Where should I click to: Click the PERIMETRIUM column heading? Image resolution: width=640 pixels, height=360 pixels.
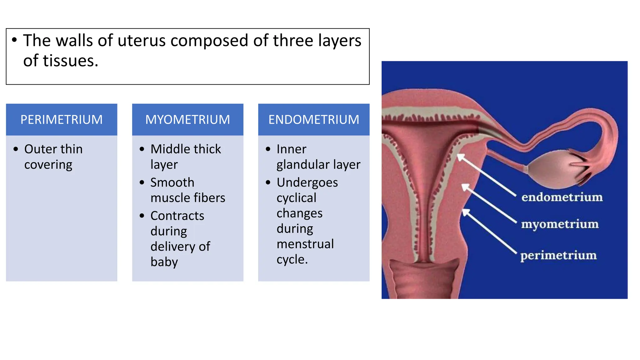click(x=61, y=120)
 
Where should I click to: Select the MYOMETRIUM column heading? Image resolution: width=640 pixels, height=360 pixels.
click(x=187, y=120)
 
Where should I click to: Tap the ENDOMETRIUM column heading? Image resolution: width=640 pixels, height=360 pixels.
click(x=314, y=120)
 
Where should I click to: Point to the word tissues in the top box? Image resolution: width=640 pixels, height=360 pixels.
click(x=70, y=61)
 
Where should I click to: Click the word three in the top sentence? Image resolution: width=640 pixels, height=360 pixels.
click(x=293, y=41)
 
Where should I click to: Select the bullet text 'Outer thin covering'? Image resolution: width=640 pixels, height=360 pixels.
click(x=53, y=157)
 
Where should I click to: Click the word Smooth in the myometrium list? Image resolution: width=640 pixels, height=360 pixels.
click(x=172, y=182)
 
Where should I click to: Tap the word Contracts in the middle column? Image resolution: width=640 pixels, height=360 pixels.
click(x=177, y=216)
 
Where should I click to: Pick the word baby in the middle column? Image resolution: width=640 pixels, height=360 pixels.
click(x=164, y=262)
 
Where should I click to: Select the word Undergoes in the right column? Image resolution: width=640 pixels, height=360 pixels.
click(x=307, y=182)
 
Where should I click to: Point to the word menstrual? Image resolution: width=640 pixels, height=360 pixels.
click(x=305, y=244)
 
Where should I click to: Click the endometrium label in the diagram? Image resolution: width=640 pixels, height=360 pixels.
click(x=562, y=197)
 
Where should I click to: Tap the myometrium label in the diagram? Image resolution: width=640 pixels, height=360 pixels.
click(x=560, y=224)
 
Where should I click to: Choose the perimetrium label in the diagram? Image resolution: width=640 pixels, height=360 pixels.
click(x=558, y=255)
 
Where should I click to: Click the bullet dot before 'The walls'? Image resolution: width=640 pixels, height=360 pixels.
click(x=14, y=40)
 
